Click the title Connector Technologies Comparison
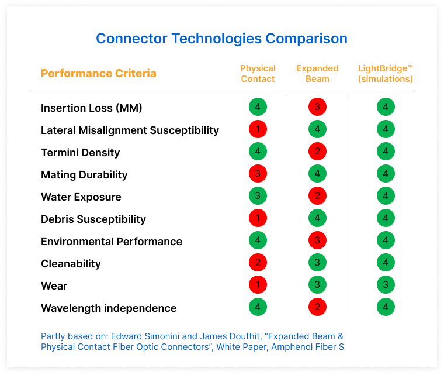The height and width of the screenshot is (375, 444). [221, 39]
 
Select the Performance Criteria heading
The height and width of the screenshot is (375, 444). [99, 74]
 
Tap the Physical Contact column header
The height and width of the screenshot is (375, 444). [258, 74]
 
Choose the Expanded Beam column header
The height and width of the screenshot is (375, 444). [317, 74]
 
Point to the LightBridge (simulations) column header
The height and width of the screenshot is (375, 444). [385, 74]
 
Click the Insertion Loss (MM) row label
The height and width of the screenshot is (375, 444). [92, 108]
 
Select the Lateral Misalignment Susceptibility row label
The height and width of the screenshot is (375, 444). [130, 130]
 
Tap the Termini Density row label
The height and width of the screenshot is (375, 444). [81, 152]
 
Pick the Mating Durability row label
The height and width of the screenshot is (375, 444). [84, 174]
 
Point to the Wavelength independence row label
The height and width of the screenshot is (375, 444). [109, 308]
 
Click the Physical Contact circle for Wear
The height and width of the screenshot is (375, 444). [258, 285]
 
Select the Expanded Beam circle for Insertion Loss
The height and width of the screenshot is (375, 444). [317, 107]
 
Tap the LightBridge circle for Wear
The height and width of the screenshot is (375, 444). [386, 285]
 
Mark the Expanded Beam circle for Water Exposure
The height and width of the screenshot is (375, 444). [317, 197]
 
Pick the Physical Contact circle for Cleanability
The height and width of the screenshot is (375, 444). [258, 263]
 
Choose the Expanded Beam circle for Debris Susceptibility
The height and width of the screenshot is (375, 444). [317, 219]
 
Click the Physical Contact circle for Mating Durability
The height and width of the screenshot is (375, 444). [258, 174]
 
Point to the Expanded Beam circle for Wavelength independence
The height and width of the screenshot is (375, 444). [317, 308]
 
